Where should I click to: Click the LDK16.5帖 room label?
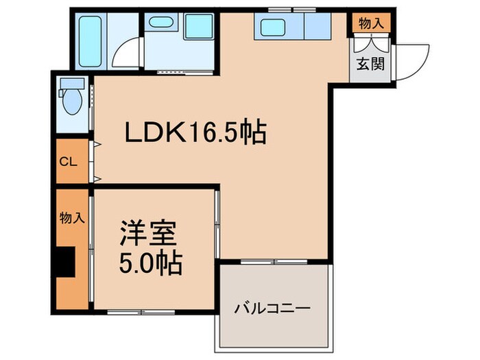coord(195,133)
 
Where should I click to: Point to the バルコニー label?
coord(274,309)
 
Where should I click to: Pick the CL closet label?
coord(67,162)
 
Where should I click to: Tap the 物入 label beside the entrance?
coord(371,23)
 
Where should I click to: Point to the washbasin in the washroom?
coord(162,22)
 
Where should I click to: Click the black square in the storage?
coord(66,261)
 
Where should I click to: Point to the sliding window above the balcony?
coord(274,261)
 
